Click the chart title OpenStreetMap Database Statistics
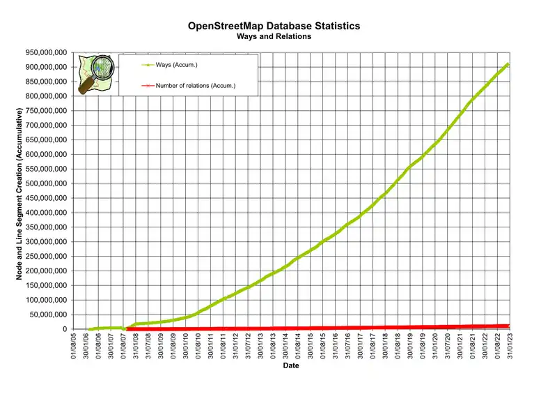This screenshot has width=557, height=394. click(274, 26)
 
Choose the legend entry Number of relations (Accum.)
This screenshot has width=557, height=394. click(196, 85)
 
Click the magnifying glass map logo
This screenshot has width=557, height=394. click(95, 73)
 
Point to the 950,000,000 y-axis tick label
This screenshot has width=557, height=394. click(44, 52)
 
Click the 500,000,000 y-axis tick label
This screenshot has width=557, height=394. click(44, 183)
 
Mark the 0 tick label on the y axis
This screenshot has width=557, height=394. click(64, 329)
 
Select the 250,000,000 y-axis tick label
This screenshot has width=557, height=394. click(44, 256)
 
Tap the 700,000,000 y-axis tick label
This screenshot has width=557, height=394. click(44, 125)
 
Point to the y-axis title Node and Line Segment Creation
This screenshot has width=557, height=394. click(20, 190)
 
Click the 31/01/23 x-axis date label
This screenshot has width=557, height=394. click(509, 345)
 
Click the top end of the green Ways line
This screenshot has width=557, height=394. click(508, 63)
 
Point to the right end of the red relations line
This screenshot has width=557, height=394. click(508, 326)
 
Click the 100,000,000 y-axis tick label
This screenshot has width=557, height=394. click(44, 300)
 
